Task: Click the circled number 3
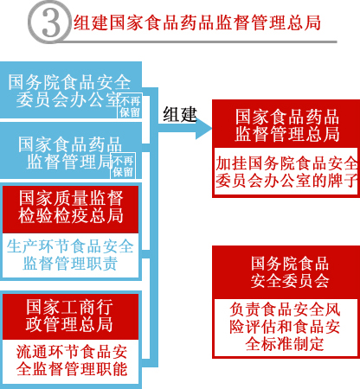[49, 22]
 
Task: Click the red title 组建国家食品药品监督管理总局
[197, 22]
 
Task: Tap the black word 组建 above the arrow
[180, 114]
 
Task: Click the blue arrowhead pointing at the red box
[203, 128]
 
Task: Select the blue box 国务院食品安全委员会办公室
[71, 90]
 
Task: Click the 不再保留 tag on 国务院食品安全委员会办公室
[130, 105]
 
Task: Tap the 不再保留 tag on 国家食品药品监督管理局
[123, 165]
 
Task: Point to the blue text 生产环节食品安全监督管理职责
[70, 255]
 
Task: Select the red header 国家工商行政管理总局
[71, 316]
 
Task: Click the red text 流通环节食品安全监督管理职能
[72, 360]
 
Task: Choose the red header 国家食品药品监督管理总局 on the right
[286, 124]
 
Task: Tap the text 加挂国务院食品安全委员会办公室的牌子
[286, 172]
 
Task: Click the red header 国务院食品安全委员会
[289, 272]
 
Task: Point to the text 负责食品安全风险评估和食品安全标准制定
[285, 326]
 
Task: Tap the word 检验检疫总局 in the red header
[71, 216]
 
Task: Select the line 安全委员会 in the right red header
[290, 281]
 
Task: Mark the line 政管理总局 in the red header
[69, 324]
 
